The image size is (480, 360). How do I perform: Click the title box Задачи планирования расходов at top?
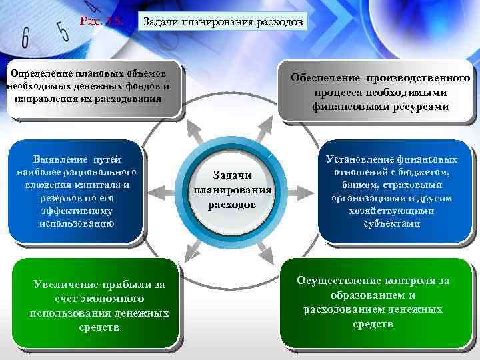pos(223,22)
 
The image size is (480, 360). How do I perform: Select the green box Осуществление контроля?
pos(373,301)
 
